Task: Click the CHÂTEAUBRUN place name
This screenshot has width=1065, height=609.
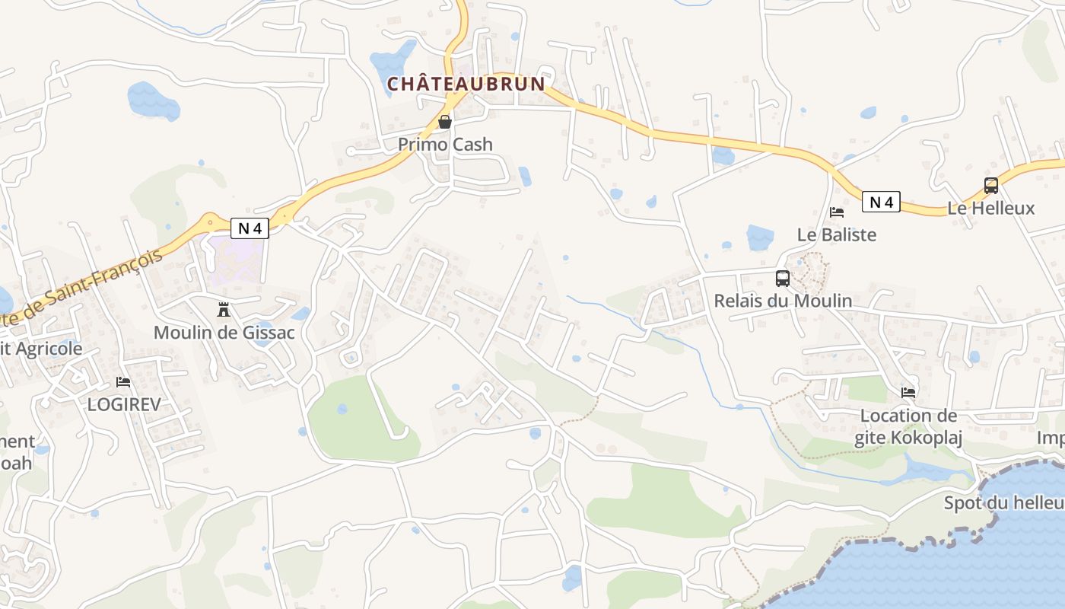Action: click(x=466, y=84)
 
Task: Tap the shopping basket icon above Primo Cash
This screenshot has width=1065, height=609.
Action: click(x=445, y=122)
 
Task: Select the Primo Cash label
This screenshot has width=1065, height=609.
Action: click(x=445, y=144)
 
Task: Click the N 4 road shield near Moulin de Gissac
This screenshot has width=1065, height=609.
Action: click(x=250, y=228)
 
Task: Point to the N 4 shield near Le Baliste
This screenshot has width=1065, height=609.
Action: click(x=881, y=202)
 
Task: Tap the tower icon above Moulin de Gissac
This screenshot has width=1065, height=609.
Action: click(x=224, y=310)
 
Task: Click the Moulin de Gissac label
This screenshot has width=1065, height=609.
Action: click(x=224, y=333)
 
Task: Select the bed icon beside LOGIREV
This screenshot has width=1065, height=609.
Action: click(x=123, y=381)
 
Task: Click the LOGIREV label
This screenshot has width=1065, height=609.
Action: click(x=124, y=404)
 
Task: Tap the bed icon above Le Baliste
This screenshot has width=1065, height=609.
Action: click(x=837, y=212)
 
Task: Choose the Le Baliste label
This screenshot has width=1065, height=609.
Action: click(x=837, y=234)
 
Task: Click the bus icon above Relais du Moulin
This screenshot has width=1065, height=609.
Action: click(x=783, y=279)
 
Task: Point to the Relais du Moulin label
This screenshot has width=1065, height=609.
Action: click(x=783, y=301)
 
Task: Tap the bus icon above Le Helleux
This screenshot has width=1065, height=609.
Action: click(x=991, y=185)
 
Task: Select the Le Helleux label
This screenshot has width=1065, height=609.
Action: click(x=991, y=208)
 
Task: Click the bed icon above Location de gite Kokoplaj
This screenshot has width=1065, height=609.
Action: click(x=908, y=393)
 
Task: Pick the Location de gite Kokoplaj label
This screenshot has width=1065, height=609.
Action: click(x=908, y=426)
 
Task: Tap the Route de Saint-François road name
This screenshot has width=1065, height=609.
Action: click(x=84, y=289)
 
